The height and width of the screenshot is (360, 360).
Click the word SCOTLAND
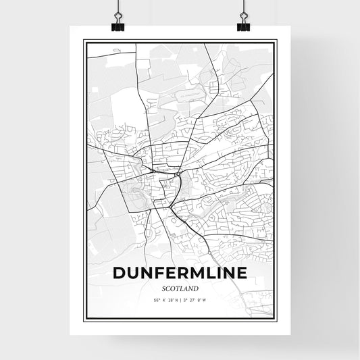click(x=180, y=289)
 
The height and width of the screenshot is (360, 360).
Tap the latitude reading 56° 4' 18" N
click(x=164, y=301)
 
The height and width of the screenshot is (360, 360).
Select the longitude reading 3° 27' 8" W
click(x=197, y=301)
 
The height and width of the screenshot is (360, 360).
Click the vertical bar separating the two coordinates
click(x=180, y=301)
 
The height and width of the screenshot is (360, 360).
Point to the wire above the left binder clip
click(x=118, y=8)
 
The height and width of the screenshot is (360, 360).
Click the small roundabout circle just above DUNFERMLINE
click(x=209, y=253)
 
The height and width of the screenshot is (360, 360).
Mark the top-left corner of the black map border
click(x=84, y=41)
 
